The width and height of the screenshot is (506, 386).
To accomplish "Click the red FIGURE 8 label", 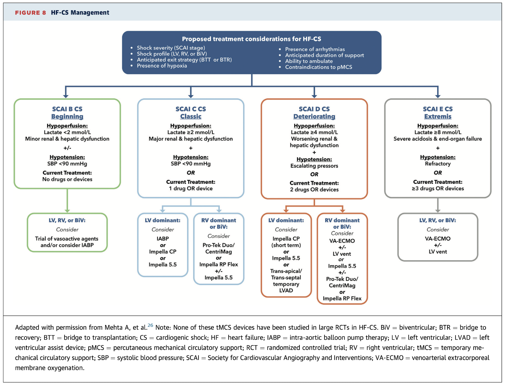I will click(x=30, y=12).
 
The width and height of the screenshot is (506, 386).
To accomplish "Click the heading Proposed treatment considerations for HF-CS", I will click(x=251, y=39).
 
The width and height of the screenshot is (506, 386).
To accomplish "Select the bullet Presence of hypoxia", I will click(x=162, y=66).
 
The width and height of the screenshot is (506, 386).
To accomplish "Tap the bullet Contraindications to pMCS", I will click(x=318, y=67).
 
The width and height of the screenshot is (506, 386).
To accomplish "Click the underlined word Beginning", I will click(x=67, y=117).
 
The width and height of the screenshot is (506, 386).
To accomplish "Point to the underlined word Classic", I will click(x=191, y=117).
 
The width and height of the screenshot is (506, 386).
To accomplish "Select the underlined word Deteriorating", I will click(x=314, y=117).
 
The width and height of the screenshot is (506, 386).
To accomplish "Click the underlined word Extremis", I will click(x=437, y=117).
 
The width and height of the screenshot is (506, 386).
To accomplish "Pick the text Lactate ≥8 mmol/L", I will click(x=437, y=132).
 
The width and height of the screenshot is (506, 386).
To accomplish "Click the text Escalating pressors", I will click(x=314, y=166).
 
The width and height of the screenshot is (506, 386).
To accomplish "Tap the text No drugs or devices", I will click(x=67, y=179).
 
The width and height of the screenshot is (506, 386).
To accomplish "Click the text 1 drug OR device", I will click(x=191, y=189).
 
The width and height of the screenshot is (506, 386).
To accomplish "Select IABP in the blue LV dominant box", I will click(x=162, y=239).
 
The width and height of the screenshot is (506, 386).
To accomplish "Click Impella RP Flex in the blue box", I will click(x=219, y=265).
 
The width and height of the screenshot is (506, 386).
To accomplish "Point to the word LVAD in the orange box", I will click(x=286, y=291).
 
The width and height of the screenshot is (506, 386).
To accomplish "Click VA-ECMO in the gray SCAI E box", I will click(x=437, y=239).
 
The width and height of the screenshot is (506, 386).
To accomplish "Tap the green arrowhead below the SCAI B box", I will click(x=67, y=211).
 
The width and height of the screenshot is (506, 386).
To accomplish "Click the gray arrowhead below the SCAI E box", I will click(x=437, y=211).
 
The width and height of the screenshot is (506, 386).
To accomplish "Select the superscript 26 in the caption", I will click(x=150, y=325).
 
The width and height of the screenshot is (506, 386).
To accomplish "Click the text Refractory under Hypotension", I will click(x=437, y=164).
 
